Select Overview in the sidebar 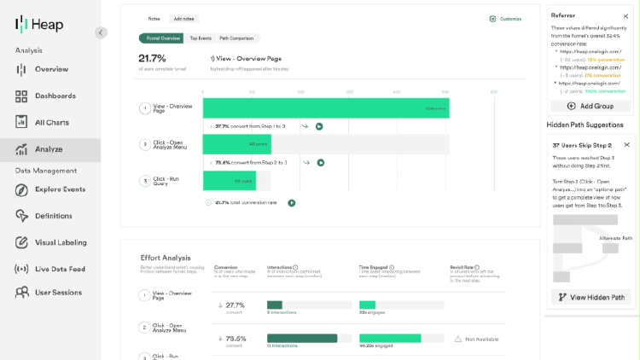[50, 69]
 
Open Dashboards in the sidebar [55, 96]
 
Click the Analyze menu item [48, 149]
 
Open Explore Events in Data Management [60, 189]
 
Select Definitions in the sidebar [53, 216]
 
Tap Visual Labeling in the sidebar [61, 242]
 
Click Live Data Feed [60, 269]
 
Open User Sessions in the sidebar [58, 293]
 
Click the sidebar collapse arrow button [101, 32]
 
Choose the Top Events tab [201, 38]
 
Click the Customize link [505, 18]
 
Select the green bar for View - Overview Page [325, 108]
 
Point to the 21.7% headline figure [152, 58]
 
